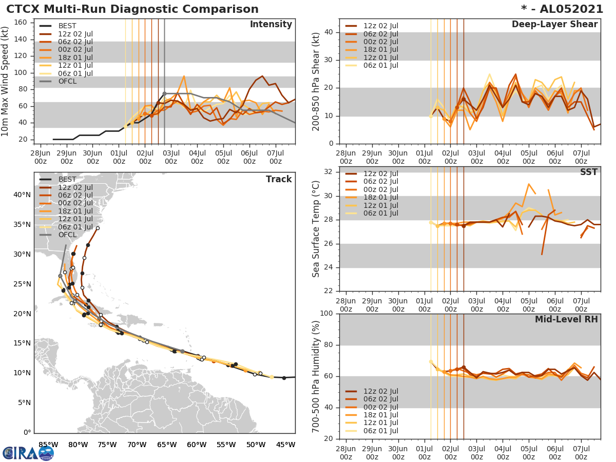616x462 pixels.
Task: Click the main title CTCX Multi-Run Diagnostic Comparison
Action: (132, 9)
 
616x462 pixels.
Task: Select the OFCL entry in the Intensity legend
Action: (67, 81)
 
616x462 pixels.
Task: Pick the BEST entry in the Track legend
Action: (67, 180)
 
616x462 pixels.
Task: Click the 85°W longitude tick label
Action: (48, 444)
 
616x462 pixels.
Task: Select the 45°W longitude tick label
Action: (286, 444)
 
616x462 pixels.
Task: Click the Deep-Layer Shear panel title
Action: (554, 25)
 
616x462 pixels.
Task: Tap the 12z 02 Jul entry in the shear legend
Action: (380, 26)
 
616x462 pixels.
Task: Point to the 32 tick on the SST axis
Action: (329, 172)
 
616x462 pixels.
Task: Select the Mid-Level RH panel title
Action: (566, 319)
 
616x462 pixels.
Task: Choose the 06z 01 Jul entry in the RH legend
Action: (380, 431)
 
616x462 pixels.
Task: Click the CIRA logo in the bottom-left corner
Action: (28, 453)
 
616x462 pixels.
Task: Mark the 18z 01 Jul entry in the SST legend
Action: (380, 198)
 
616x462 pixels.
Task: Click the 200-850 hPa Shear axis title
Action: (316, 82)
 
